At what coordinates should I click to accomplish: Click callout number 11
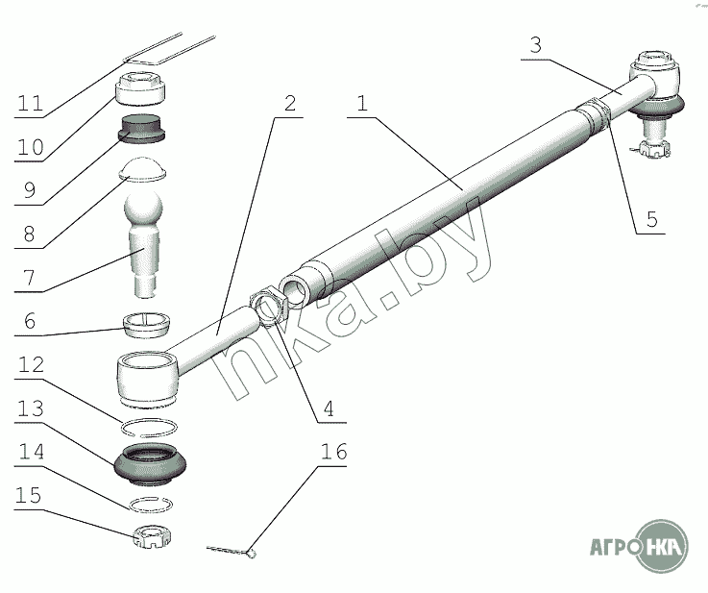click(x=30, y=104)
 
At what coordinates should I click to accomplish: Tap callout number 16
click(x=333, y=451)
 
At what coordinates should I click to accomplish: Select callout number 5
click(x=652, y=219)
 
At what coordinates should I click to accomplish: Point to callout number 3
click(x=535, y=45)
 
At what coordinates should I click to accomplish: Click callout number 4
click(x=329, y=408)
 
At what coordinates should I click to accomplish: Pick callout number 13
click(x=30, y=408)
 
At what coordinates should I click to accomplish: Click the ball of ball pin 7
click(x=143, y=209)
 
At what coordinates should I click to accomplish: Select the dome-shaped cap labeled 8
click(x=143, y=169)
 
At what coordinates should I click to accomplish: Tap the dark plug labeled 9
click(x=141, y=128)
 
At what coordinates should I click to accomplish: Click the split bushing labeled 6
click(x=147, y=325)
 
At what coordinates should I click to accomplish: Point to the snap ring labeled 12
click(x=149, y=427)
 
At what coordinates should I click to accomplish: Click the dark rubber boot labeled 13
click(x=151, y=464)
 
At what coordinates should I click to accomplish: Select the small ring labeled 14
click(x=151, y=504)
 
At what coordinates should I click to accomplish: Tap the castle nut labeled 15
click(x=152, y=537)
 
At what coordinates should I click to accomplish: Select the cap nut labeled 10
click(x=140, y=88)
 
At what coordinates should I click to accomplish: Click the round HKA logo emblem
click(x=662, y=547)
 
